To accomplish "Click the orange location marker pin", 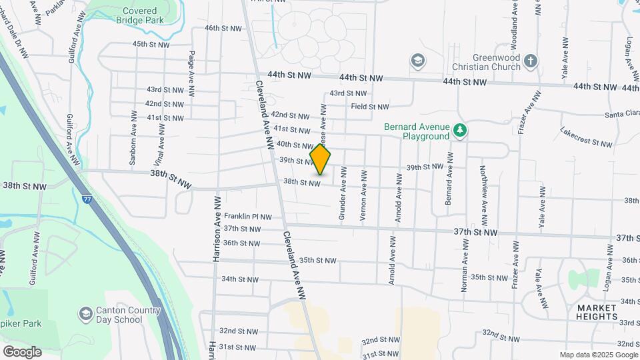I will click(x=321, y=159).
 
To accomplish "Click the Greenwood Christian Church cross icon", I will click(x=530, y=61).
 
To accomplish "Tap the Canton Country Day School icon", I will click(x=85, y=313).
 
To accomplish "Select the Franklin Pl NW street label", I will click(x=248, y=217).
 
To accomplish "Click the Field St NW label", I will click(x=370, y=107).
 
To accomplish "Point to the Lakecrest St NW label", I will click(x=586, y=137).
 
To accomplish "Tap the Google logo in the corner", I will click(x=22, y=352).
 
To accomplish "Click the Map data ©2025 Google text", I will click(x=598, y=355).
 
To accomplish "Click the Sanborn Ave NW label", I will click(x=133, y=143).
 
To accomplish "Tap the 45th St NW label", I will click(x=151, y=44).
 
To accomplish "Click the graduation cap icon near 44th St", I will click(x=418, y=61).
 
